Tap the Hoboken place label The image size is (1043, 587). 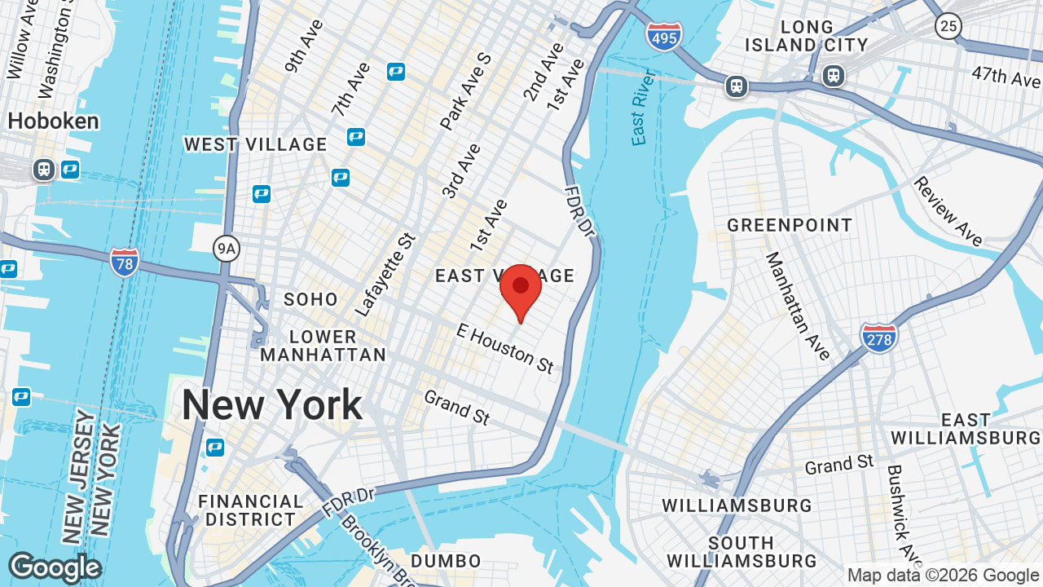coord(53,121)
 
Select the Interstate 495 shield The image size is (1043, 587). coord(664,37)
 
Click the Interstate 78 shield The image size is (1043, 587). coord(125,263)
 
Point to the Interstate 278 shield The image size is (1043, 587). coord(878,337)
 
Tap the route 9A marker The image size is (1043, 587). coord(227,249)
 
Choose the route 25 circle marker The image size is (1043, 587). coord(948,27)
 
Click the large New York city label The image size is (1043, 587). coord(271,405)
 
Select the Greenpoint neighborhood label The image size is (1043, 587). coord(790,225)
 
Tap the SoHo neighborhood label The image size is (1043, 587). coord(310,299)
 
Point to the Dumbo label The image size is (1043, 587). coord(446,561)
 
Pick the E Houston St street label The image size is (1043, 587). coord(505,348)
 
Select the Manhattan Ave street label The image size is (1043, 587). coord(798,306)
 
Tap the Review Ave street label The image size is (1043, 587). coord(948,211)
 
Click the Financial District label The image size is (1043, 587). coord(250,510)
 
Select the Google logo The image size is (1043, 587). coord(55,567)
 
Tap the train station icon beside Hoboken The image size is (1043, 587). coord(44,170)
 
